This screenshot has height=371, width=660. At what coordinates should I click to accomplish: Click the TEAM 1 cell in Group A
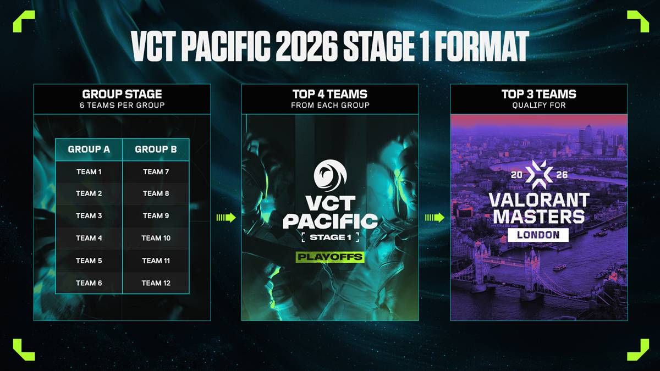(x=89, y=172)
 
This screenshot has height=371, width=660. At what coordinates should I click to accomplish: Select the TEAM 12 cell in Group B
(x=156, y=283)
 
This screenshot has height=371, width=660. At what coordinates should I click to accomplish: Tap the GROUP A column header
(x=89, y=149)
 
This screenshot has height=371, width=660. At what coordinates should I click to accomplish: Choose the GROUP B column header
(x=156, y=149)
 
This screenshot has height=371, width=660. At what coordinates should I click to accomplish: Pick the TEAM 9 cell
(x=156, y=216)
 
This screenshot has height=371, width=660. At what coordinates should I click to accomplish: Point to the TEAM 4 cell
(x=89, y=238)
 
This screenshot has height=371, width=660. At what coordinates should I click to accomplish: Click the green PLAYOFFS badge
(x=330, y=257)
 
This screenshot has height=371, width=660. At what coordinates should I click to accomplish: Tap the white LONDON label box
(x=538, y=235)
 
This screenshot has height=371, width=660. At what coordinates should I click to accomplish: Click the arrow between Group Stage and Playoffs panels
(x=226, y=218)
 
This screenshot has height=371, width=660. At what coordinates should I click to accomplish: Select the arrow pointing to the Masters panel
(x=435, y=218)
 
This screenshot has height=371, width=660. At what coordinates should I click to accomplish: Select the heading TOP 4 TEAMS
(x=330, y=94)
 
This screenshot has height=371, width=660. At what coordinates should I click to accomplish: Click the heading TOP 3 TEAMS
(x=539, y=94)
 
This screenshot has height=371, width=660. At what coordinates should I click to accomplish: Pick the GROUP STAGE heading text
(x=122, y=94)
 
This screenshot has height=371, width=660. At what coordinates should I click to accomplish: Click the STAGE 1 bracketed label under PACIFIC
(x=331, y=237)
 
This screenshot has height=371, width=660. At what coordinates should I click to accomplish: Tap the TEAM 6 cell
(x=89, y=283)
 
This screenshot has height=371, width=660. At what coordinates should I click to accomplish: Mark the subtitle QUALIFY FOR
(x=539, y=106)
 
